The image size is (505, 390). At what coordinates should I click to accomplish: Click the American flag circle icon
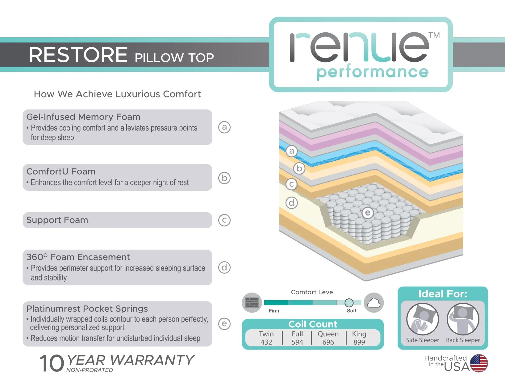point(479,363)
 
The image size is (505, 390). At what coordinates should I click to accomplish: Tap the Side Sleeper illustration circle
point(423,319)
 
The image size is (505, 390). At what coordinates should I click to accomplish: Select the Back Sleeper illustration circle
point(463,319)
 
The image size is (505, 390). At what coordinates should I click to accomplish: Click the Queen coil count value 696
point(328,342)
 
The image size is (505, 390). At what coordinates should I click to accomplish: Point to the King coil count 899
point(359,342)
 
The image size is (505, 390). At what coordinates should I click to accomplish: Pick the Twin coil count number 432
point(266,342)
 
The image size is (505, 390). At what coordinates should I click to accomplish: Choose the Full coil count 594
point(298,342)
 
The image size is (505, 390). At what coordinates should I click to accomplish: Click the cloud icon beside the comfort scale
point(374,303)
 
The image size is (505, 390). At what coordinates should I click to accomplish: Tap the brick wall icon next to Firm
point(252,303)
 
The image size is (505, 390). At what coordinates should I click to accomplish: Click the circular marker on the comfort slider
point(349,303)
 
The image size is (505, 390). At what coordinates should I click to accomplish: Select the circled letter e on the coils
point(368,213)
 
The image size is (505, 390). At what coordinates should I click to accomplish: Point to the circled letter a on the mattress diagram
point(292,151)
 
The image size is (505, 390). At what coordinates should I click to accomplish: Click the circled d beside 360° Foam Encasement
point(224,268)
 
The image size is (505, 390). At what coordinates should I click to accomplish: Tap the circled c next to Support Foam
point(224,220)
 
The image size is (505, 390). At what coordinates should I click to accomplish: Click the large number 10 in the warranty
point(52,363)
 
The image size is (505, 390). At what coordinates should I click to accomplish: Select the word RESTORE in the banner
point(78,55)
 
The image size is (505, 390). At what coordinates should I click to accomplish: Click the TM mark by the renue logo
point(434,35)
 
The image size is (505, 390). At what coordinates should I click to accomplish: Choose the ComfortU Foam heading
point(61,172)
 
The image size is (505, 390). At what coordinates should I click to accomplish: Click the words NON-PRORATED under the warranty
point(90,370)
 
